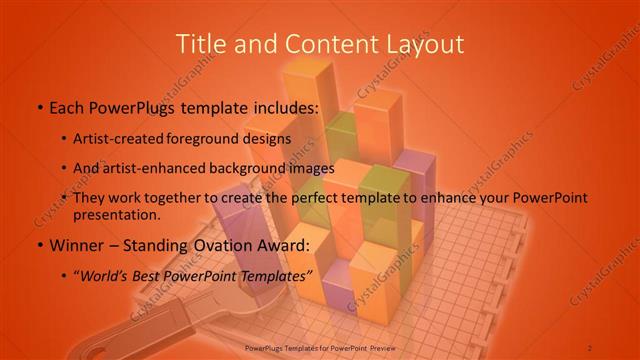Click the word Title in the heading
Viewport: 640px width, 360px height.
point(200,44)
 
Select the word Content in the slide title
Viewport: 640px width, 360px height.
point(323,44)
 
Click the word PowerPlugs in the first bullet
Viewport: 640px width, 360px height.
point(125,107)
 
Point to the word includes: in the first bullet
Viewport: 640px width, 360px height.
point(281,107)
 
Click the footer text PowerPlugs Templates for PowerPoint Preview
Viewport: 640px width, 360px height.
point(319,346)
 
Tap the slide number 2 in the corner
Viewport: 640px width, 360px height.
point(590,346)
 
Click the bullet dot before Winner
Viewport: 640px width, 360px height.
point(38,245)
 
